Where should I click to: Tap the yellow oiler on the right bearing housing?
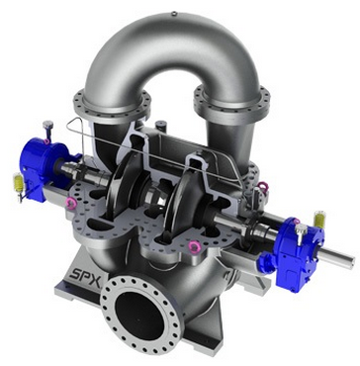pyautogui.click(x=319, y=220)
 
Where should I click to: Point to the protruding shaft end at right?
pyautogui.click(x=336, y=258)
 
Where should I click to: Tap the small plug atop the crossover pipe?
pyautogui.click(x=174, y=14)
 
